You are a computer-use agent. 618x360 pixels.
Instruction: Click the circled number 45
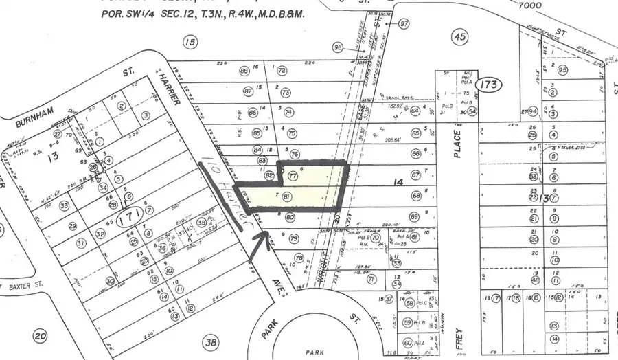[x=459, y=37]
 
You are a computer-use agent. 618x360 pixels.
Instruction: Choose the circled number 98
[x=338, y=47]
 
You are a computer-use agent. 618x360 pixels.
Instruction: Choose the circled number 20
[x=40, y=336]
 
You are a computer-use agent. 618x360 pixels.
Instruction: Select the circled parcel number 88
[x=243, y=71]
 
